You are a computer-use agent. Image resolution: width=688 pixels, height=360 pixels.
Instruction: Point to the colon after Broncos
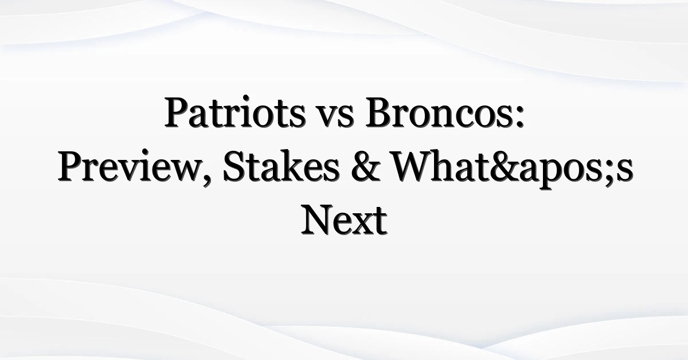click(x=519, y=116)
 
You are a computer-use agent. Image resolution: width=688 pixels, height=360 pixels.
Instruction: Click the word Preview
click(x=128, y=166)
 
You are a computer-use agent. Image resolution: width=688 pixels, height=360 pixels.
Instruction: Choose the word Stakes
click(x=282, y=166)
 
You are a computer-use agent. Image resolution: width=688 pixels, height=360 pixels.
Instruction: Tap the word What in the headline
click(x=440, y=166)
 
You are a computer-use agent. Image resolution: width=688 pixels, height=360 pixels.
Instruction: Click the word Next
click(x=344, y=220)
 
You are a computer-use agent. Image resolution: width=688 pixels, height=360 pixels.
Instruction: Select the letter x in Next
click(x=362, y=225)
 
